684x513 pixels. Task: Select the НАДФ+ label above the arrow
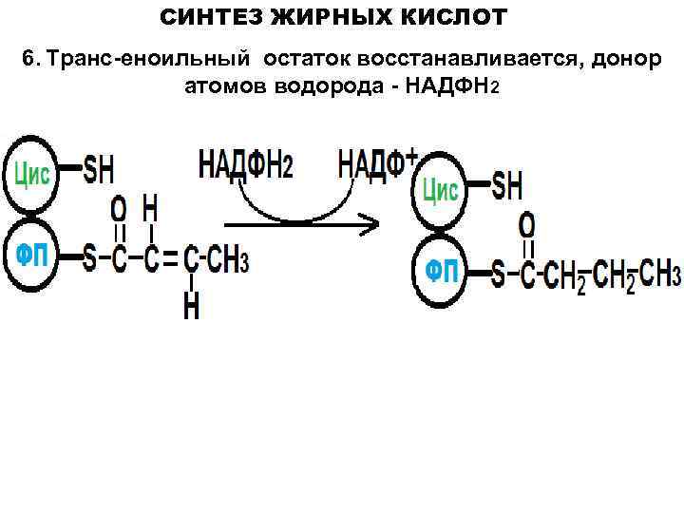tap(377, 163)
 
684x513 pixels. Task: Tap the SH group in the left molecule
tap(99, 171)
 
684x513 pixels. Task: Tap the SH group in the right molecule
tap(507, 185)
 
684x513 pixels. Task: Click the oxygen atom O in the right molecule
tap(526, 225)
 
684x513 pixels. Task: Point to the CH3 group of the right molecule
tap(659, 275)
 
